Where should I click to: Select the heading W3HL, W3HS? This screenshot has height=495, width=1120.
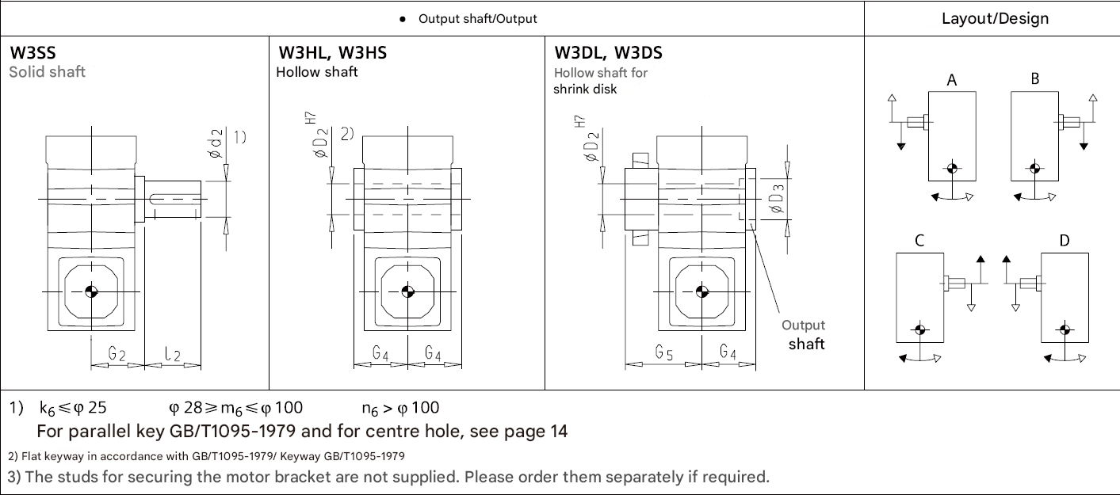pyautogui.click(x=332, y=54)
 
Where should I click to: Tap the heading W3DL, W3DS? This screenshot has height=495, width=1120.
pyautogui.click(x=608, y=54)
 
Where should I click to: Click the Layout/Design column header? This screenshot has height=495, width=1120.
pyautogui.click(x=995, y=18)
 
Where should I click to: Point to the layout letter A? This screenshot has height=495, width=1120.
pyautogui.click(x=951, y=80)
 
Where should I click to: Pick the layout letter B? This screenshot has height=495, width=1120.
pyautogui.click(x=1035, y=79)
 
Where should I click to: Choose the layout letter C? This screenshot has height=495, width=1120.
pyautogui.click(x=919, y=242)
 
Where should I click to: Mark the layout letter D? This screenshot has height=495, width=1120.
pyautogui.click(x=1064, y=241)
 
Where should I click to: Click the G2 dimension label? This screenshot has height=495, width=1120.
pyautogui.click(x=117, y=354)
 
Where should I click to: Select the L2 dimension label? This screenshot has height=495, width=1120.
pyautogui.click(x=173, y=354)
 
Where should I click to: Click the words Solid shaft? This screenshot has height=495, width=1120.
pyautogui.click(x=47, y=72)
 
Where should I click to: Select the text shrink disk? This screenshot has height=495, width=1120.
pyautogui.click(x=585, y=89)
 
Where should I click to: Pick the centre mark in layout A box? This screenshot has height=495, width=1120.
pyautogui.click(x=952, y=168)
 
